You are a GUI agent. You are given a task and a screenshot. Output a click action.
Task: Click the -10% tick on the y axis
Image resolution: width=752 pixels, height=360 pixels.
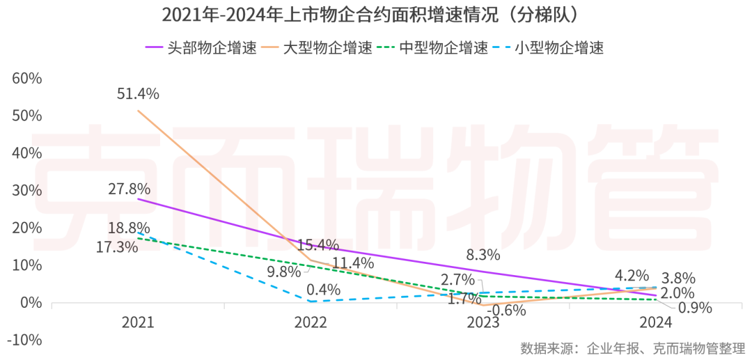(x=26, y=340)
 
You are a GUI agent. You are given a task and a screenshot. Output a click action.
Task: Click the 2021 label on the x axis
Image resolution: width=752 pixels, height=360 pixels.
(x=138, y=322)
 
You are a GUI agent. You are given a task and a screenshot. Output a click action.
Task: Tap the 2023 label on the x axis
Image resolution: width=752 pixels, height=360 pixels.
(x=483, y=322)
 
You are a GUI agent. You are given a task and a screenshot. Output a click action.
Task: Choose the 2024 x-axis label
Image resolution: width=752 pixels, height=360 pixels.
(x=655, y=322)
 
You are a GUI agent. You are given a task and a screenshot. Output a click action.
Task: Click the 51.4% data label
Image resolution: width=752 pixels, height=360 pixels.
(x=138, y=93)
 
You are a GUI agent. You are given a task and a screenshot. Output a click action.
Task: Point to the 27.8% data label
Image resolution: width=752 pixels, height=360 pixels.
(x=129, y=188)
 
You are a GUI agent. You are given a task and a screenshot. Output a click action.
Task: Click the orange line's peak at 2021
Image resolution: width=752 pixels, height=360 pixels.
(x=138, y=111)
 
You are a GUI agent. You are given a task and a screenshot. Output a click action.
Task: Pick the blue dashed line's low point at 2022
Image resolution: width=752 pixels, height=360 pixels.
(x=311, y=302)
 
